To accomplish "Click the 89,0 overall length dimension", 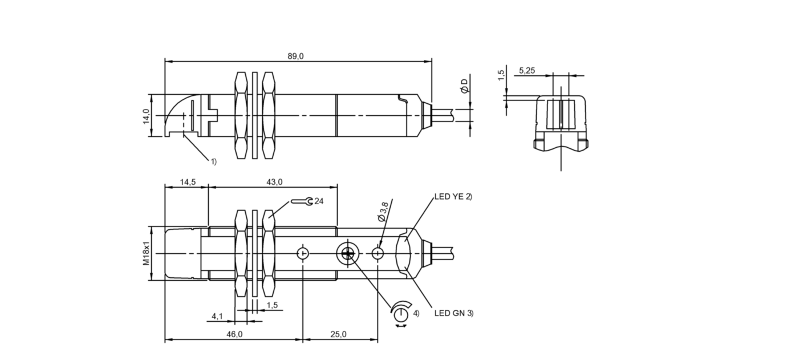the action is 295,56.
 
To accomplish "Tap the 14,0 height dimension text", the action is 146,116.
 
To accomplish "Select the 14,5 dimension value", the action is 188,182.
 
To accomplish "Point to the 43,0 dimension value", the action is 274,182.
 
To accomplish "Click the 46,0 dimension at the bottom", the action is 234,334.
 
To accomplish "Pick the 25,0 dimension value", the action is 338,334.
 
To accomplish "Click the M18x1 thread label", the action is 146,253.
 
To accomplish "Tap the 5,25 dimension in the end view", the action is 527,71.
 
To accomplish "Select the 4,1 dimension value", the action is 217,317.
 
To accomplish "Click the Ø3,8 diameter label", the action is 383,212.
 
